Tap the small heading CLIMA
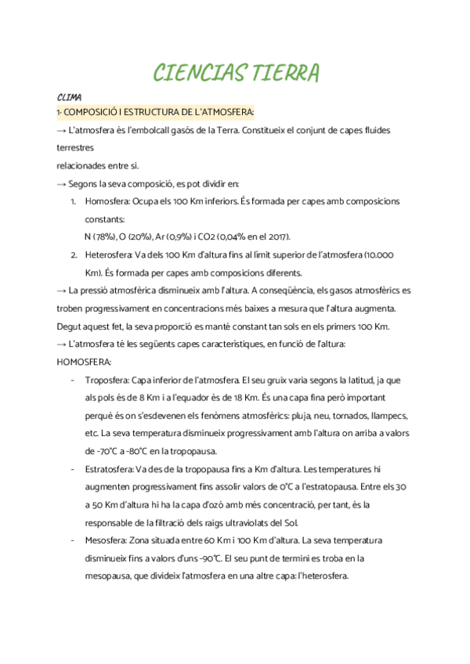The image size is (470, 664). coord(70,98)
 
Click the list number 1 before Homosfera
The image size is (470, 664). coord(73,201)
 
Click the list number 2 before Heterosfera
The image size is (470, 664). coord(73,254)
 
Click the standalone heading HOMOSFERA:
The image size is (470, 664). coord(85,361)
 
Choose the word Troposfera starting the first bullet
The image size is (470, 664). coord(107,379)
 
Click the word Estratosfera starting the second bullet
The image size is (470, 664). coord(109,469)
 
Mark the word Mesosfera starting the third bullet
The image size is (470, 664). coord(105,540)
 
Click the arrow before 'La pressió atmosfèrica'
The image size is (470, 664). coord(62,290)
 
